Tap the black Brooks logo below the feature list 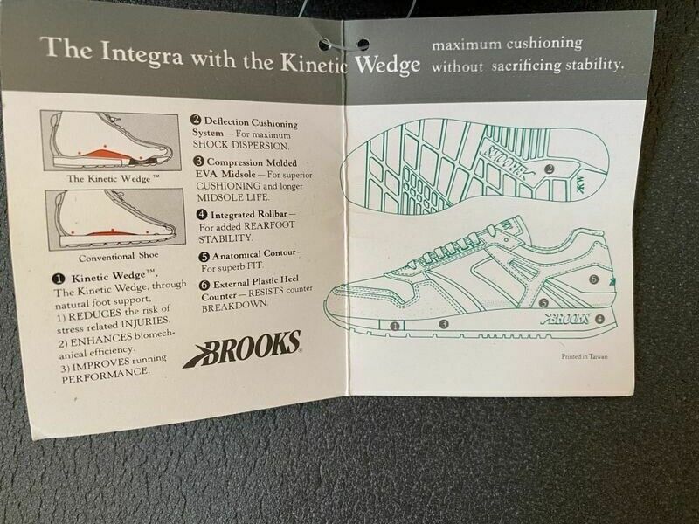pyautogui.click(x=242, y=348)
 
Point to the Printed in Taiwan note pyautogui.click(x=585, y=356)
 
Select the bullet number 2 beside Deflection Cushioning pyautogui.click(x=197, y=122)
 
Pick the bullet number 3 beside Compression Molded pyautogui.click(x=198, y=162)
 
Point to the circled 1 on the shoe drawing pyautogui.click(x=394, y=326)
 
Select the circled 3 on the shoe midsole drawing pyautogui.click(x=443, y=324)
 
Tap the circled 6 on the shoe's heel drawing pyautogui.click(x=592, y=279)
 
